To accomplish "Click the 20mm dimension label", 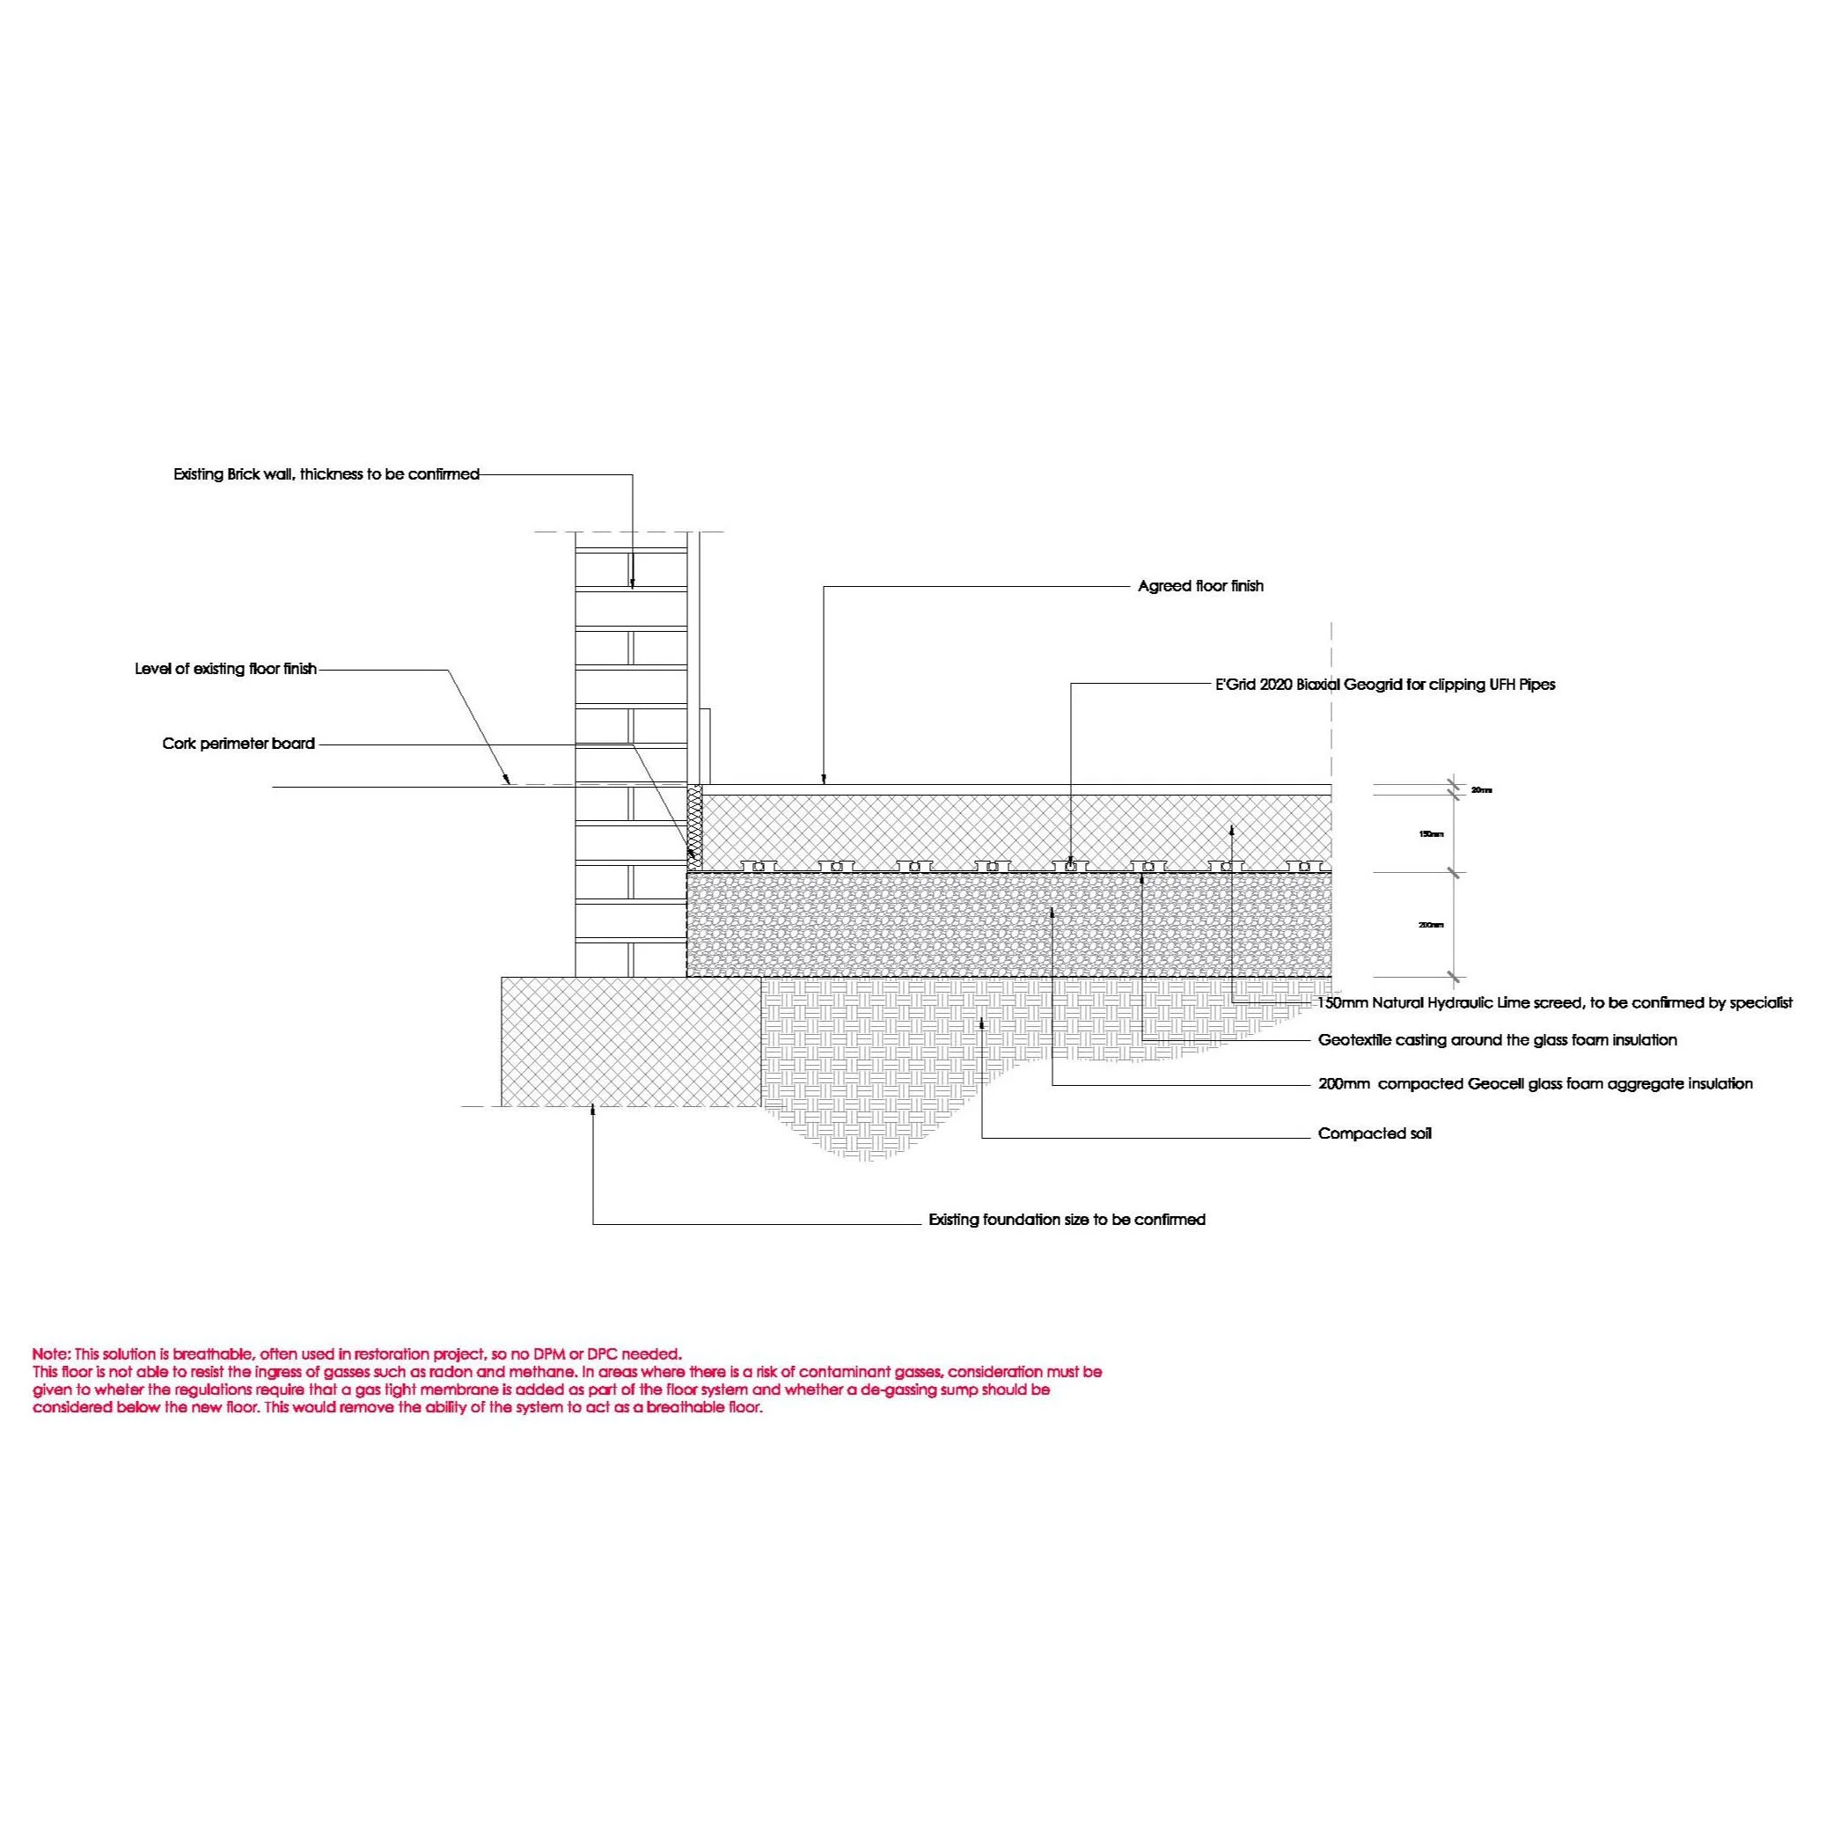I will click(1481, 790).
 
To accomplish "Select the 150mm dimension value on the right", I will click(1431, 834).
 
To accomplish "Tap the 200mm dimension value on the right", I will click(1431, 925).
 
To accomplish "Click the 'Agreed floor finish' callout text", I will click(1200, 585).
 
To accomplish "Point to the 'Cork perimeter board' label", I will click(238, 744).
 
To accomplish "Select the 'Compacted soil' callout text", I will click(1375, 1133).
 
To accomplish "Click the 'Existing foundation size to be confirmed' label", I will click(1067, 1220).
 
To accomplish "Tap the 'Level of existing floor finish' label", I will click(226, 669).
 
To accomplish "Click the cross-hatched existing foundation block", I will click(631, 1041).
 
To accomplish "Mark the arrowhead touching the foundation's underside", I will click(593, 1111).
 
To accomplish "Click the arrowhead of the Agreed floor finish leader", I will click(824, 781).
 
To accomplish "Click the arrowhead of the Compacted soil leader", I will click(982, 1024).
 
